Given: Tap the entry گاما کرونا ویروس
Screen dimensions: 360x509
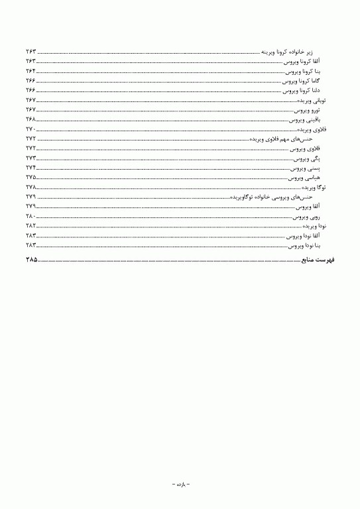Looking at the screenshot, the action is tap(302, 80).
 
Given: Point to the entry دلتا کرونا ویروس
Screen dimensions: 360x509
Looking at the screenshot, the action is tap(302, 89).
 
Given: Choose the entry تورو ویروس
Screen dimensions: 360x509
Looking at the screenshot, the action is tap(307, 109).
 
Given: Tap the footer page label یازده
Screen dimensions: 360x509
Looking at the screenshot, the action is tap(180, 484).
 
